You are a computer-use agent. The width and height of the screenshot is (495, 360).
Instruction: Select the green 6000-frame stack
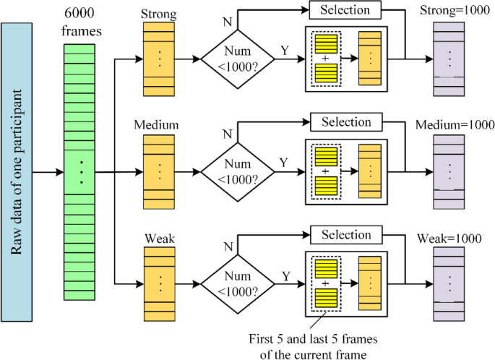[81, 172]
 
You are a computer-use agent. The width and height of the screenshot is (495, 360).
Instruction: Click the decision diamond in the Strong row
[238, 60]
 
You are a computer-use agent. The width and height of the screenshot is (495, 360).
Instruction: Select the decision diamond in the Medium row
[238, 173]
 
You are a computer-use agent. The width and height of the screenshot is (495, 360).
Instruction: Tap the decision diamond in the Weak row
[238, 285]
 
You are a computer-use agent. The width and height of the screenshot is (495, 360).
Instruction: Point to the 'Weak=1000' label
[449, 239]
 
